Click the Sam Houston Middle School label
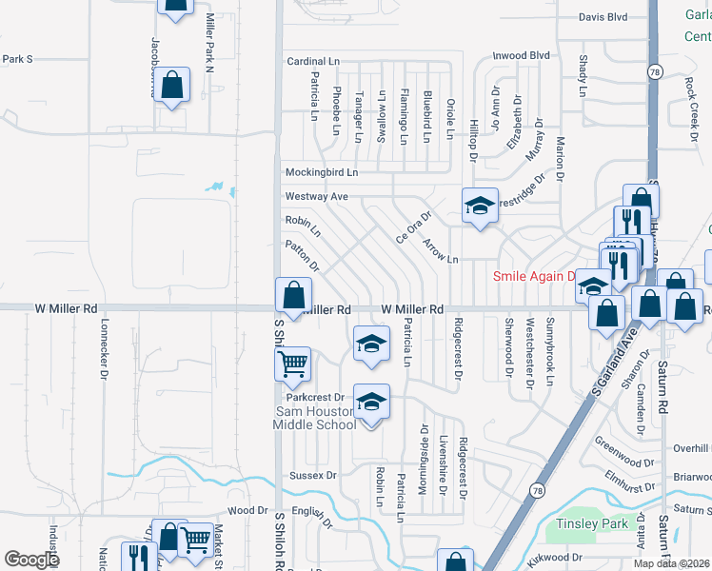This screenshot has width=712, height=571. pos(316,418)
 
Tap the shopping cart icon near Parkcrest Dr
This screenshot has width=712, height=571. pos(292,363)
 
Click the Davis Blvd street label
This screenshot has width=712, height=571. pos(603,17)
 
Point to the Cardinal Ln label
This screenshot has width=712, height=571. pos(313,61)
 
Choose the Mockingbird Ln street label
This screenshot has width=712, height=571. pos(322,172)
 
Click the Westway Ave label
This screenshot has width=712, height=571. pos(317,197)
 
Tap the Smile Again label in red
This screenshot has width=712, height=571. pos(533,277)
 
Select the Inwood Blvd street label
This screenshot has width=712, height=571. pos(521,55)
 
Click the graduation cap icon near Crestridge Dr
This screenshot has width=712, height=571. pos(480,205)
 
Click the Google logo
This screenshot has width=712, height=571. pos(32,560)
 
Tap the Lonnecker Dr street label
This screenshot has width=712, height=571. pos(104,346)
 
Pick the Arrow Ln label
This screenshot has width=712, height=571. pos(441,252)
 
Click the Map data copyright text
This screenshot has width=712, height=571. pos(671,563)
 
